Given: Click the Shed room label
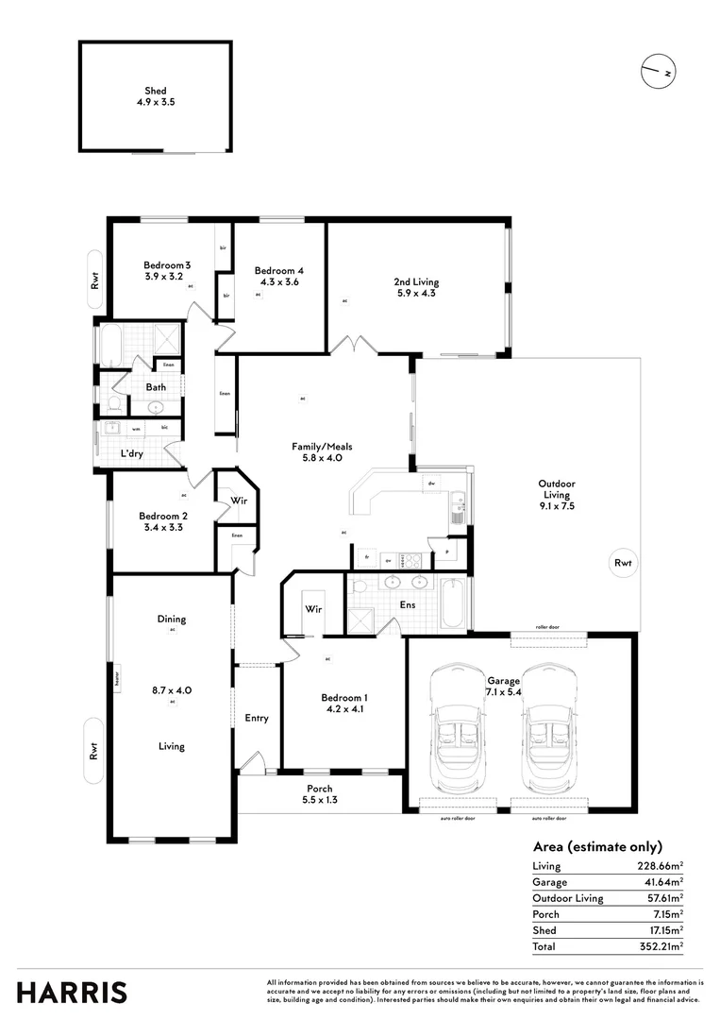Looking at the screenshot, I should coord(156,92).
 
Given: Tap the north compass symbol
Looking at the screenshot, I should coord(658,72).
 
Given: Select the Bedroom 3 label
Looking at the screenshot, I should coord(167,265).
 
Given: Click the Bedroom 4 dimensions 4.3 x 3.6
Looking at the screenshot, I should coord(279,281).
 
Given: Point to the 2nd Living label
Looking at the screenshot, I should coord(416,281).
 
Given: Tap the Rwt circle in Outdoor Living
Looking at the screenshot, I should coord(623,563).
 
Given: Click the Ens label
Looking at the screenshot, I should coord(408,604).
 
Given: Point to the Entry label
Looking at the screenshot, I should coord(257,718).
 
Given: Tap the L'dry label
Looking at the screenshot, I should coord(132,454).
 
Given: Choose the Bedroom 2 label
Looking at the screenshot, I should coord(163,516).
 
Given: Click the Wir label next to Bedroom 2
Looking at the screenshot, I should coord(239,501).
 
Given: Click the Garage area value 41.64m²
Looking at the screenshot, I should coord(660,882).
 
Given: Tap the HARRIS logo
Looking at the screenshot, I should coord(72,993).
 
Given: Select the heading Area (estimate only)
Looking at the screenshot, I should coord(597,846).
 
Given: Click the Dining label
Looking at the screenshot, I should coord(172,620).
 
